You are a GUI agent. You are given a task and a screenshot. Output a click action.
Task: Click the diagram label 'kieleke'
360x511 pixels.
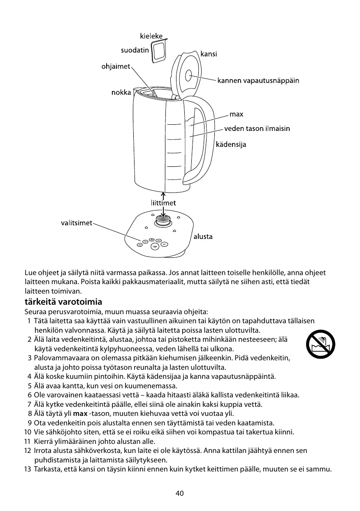[151, 36]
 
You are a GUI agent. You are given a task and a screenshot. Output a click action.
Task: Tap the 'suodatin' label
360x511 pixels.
[135, 51]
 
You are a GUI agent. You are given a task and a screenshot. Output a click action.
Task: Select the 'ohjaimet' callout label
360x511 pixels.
[116, 66]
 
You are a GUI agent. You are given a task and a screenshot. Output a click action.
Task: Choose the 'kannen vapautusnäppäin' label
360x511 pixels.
[258, 80]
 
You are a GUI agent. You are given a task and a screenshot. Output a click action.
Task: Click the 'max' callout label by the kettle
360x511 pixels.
[236, 114]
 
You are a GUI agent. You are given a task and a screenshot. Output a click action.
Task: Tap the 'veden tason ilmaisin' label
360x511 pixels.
[257, 129]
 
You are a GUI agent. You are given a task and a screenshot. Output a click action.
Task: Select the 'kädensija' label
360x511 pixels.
[231, 145]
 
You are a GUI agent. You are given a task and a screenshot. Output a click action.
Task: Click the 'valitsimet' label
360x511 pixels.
[77, 223]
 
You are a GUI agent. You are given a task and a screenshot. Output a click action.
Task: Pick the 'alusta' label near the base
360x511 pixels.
[203, 237]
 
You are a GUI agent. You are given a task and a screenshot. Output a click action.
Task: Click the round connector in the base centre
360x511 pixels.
[163, 221]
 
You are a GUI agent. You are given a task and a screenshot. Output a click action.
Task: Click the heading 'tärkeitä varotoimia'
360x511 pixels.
[63, 302]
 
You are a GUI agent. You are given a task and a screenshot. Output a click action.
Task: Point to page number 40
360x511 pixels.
[180, 494]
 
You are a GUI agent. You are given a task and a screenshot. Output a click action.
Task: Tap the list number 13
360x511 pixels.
[28, 470]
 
